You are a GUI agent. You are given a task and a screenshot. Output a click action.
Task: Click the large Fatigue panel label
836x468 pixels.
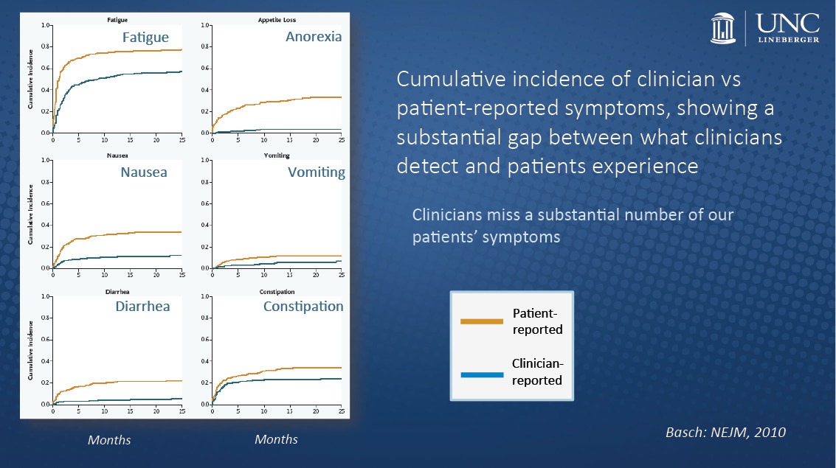pos(145,38)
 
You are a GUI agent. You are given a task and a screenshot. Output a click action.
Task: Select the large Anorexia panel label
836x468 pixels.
pos(314,36)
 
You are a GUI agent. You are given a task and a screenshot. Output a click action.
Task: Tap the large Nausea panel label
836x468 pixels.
pos(144,172)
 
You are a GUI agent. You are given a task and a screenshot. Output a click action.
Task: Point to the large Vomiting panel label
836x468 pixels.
pos(317,172)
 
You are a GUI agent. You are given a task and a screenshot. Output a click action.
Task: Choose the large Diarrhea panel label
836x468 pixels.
pos(142,306)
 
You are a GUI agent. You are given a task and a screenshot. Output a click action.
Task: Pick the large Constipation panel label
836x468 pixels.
pos(303,306)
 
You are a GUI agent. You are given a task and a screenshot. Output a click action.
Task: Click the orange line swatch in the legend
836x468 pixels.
pos(480,321)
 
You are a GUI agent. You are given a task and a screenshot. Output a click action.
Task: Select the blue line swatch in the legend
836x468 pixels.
pos(480,374)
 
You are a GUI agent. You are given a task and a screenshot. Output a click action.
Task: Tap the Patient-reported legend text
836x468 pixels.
pos(538,322)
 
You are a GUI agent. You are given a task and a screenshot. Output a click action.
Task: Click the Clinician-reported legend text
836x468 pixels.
pos(537,371)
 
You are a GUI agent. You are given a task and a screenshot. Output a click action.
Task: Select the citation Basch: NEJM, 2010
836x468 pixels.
pos(725,432)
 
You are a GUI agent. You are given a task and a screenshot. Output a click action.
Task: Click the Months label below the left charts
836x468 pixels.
pos(109,440)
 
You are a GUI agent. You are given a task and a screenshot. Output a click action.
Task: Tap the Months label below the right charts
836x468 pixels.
pos(276,439)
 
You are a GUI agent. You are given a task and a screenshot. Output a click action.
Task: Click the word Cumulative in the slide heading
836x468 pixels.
pos(455,79)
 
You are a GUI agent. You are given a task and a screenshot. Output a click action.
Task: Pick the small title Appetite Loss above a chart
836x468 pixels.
pos(272,19)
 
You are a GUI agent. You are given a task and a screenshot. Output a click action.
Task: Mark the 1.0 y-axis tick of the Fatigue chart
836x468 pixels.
pos(45,26)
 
